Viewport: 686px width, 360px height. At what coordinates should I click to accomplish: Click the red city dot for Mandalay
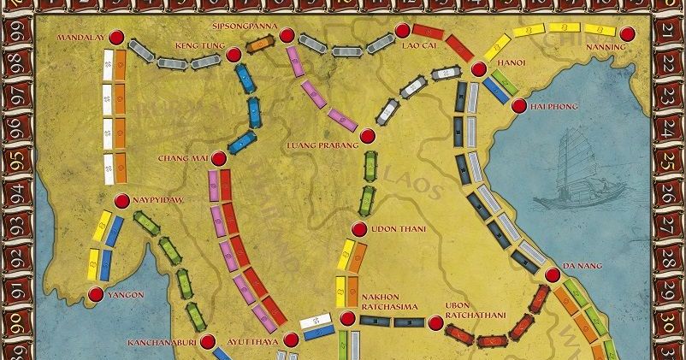coord(116,36)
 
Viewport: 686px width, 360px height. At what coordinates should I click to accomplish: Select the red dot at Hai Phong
coord(517,106)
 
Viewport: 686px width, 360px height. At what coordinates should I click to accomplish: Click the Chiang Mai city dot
coord(218,158)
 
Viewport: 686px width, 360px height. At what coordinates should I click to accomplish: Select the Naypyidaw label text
coord(159,200)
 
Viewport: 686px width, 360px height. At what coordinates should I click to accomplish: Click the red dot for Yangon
coord(94,294)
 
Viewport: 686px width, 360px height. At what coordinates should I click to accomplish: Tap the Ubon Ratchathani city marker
coord(435,323)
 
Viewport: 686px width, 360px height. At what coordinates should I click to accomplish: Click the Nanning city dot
coord(629,35)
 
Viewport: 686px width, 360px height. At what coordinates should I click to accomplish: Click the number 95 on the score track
coord(13,159)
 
